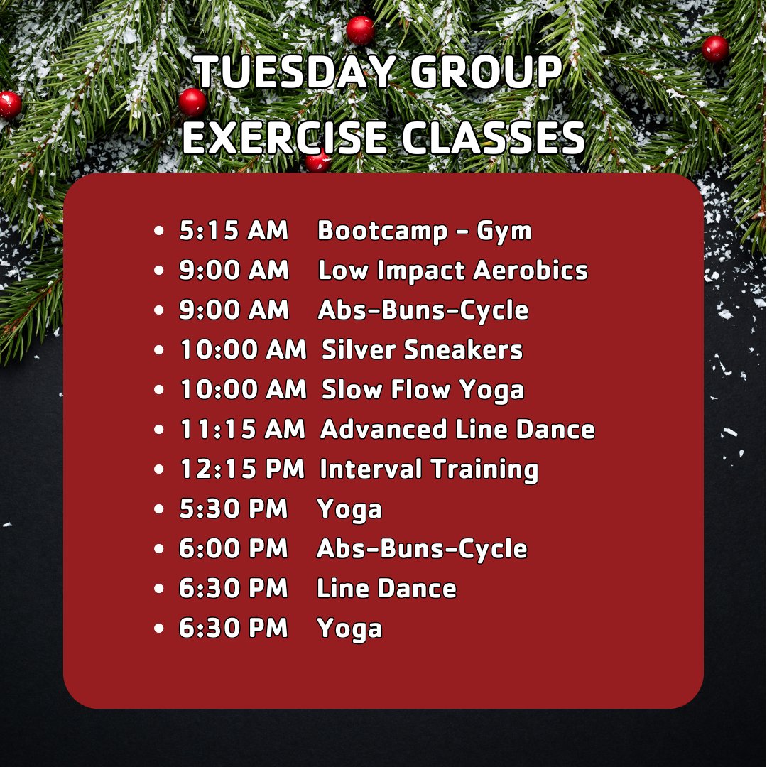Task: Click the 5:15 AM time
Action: coord(234,231)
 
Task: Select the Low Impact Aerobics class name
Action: coord(452,271)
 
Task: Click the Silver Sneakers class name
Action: coord(422,350)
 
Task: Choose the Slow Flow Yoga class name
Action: coord(423,390)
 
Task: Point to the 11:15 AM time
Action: coord(241,430)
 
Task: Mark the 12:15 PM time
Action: coord(241,469)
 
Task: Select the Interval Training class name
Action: coord(428,469)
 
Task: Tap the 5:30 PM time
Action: coord(234,509)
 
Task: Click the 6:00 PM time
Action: coord(234,549)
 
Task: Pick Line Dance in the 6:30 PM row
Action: coord(386,589)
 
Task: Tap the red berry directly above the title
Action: coord(360,31)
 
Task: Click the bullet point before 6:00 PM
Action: coord(160,550)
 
